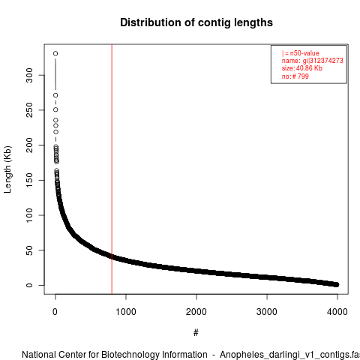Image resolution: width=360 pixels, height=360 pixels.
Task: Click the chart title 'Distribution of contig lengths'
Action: tap(196, 22)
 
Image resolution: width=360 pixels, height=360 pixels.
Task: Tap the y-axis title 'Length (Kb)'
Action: tap(7, 169)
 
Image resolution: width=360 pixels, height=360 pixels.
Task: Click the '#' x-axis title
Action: tap(196, 333)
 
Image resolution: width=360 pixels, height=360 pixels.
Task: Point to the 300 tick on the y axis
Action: tap(29, 75)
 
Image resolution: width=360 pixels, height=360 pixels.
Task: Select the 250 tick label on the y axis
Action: tap(29, 110)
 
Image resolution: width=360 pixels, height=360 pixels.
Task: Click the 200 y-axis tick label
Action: tap(29, 145)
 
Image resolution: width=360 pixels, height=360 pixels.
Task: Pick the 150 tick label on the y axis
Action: tap(29, 180)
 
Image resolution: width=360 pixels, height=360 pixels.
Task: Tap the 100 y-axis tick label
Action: tap(29, 215)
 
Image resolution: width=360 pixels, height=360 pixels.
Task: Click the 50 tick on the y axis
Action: tap(29, 250)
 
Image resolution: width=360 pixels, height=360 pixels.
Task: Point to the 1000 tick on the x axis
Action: tap(126, 312)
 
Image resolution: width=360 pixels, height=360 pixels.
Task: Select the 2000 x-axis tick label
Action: tap(196, 312)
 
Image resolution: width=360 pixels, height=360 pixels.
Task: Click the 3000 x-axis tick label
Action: tap(267, 312)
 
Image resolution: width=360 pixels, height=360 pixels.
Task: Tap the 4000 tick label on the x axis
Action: tap(337, 312)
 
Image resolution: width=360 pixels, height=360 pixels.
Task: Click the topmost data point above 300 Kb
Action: tap(55, 53)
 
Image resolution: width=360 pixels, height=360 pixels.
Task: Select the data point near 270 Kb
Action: tap(55, 95)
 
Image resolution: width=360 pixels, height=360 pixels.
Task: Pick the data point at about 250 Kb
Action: tap(55, 109)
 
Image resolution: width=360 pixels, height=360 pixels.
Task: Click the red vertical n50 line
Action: tap(112, 169)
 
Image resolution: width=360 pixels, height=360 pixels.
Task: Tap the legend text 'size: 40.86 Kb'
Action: tap(302, 68)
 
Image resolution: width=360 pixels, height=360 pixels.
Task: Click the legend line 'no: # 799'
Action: tap(295, 76)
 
